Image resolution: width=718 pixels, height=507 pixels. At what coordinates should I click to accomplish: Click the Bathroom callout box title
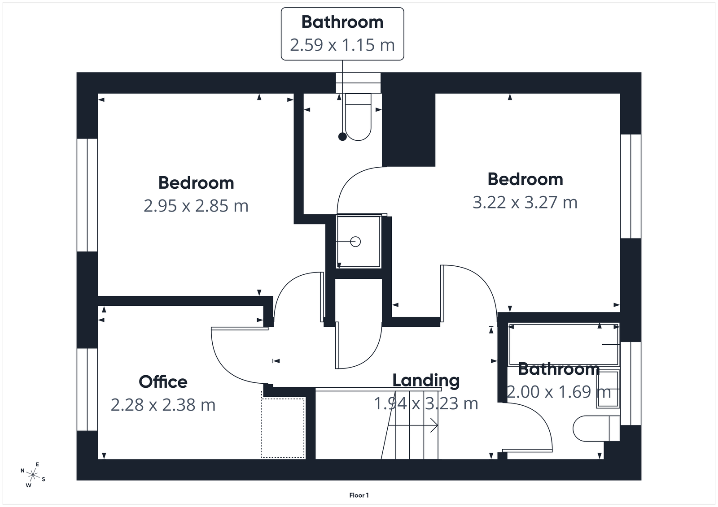pos(342,22)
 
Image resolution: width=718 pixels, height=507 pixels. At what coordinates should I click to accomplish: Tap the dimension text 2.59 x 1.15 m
pos(342,45)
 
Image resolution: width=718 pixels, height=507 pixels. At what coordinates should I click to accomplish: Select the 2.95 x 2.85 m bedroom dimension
pos(196,206)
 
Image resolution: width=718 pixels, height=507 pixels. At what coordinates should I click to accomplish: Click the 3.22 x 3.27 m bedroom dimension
pos(525,202)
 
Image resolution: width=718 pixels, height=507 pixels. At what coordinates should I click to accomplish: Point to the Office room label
pos(163,382)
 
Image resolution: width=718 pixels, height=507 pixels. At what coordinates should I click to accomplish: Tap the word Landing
pos(426,381)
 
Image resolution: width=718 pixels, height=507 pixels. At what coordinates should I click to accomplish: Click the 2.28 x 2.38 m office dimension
pos(163,405)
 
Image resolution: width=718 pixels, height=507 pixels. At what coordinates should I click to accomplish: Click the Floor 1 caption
pos(359,495)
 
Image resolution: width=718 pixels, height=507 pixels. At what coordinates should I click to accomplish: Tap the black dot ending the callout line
pos(342,137)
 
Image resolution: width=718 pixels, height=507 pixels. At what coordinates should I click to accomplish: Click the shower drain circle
pos(355,242)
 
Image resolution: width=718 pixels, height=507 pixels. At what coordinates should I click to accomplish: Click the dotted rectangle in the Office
pos(283,428)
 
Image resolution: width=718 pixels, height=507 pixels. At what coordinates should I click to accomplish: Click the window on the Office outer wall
pos(87,389)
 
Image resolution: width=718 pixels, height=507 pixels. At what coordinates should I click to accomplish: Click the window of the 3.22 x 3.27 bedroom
pos(630,186)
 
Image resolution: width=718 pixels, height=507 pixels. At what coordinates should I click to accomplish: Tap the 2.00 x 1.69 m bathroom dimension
pos(559,392)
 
